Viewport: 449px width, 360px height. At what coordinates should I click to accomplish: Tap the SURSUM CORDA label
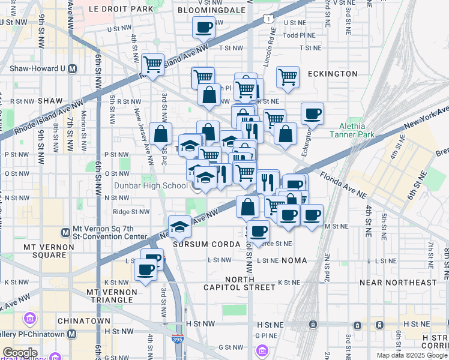point(198,245)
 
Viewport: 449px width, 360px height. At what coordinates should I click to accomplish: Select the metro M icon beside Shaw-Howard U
point(73,68)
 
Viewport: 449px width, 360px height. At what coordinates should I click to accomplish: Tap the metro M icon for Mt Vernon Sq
point(66,232)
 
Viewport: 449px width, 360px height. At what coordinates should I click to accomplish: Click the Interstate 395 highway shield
point(178,340)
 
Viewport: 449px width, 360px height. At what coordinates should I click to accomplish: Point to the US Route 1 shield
point(266,19)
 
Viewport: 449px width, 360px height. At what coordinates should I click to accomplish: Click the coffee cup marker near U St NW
point(204,27)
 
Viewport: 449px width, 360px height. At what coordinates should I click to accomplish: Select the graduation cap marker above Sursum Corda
point(179,226)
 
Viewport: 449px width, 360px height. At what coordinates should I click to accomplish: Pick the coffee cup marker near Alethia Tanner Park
point(312,113)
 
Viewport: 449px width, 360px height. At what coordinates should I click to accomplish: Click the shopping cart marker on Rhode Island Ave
point(153,64)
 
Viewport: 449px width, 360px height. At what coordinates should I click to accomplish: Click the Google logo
point(19,353)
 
